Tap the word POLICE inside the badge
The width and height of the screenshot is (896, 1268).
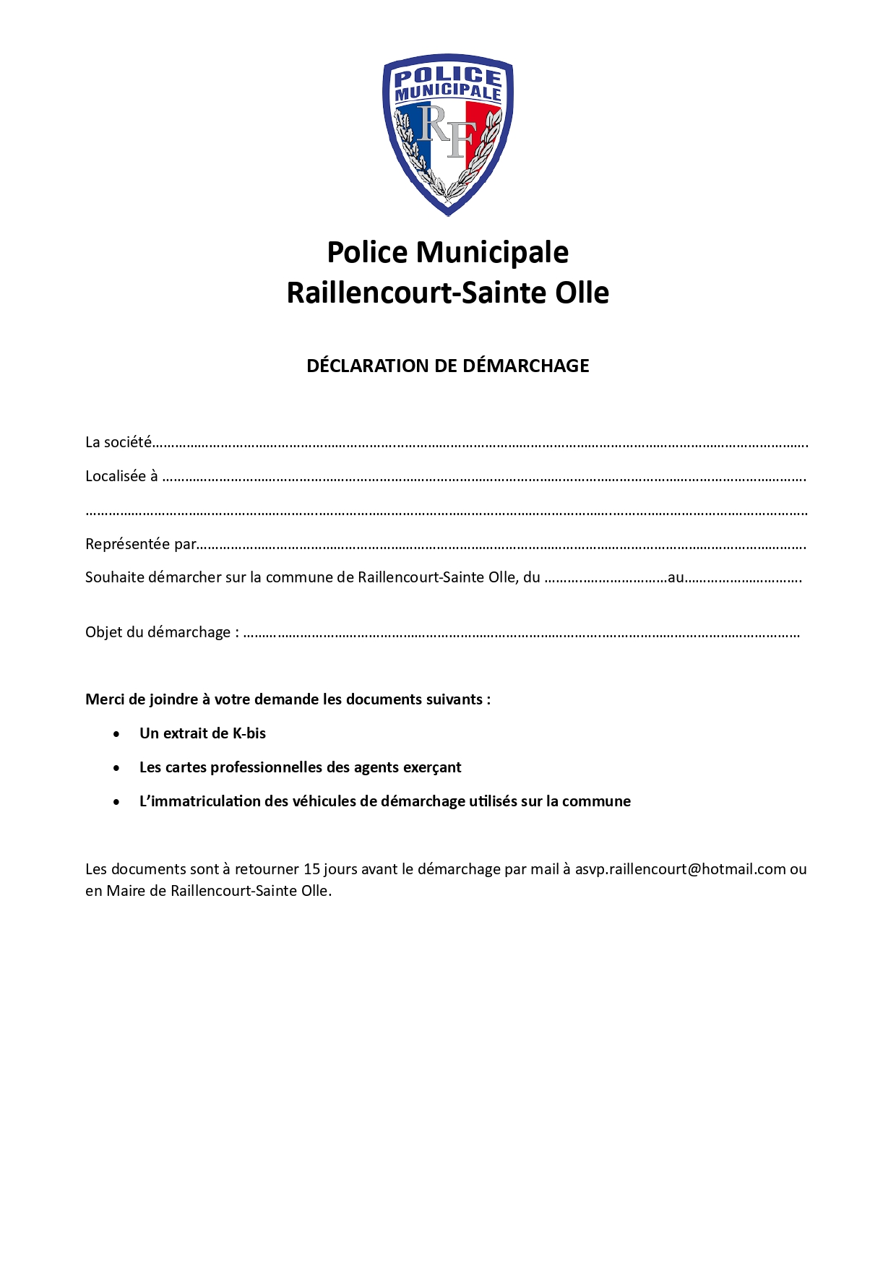448,76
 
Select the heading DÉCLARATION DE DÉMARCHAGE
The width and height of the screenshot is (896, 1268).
447,366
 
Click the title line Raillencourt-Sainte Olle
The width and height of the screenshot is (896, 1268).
447,293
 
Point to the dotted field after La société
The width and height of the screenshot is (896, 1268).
480,444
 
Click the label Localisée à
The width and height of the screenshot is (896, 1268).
121,476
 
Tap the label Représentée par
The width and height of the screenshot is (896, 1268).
141,544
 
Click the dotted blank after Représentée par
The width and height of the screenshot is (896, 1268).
501,546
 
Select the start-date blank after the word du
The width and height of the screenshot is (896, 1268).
606,579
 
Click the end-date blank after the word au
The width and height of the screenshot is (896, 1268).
743,579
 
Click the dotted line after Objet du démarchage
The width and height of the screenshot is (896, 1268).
521,634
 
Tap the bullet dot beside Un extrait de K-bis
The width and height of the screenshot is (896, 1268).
117,734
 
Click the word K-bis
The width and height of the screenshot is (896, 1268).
249,733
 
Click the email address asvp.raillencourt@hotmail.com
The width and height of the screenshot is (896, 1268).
680,869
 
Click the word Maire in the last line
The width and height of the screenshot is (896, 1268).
126,891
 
